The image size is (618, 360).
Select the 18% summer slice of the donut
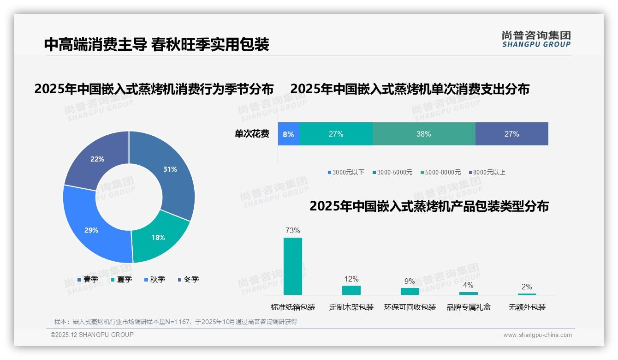coord(158,237)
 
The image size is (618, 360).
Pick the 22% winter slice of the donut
coord(97,159)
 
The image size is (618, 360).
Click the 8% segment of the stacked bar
coord(289,134)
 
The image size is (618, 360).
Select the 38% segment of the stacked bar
coord(424,134)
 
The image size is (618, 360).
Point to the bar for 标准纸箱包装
coord(293,266)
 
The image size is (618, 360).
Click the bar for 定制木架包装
coord(351,290)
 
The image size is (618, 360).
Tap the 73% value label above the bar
coord(293,230)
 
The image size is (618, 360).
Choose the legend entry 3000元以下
coord(346,172)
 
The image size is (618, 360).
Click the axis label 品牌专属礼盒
coord(468,307)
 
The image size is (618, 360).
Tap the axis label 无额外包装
coord(527,307)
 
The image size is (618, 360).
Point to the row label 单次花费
coord(252,134)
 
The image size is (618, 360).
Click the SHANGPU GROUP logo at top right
coord(536,39)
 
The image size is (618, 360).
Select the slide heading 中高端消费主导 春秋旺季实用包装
coord(156,44)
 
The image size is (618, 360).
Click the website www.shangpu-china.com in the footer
coord(537,335)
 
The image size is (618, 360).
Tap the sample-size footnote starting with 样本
coord(176,322)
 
